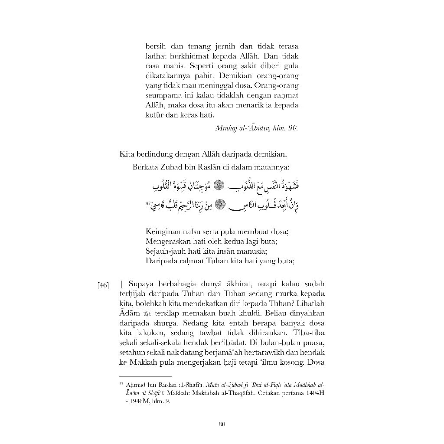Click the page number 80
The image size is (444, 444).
[x=222, y=424]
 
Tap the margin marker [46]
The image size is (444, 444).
[x=103, y=285]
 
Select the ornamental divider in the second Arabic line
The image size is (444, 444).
[x=222, y=204]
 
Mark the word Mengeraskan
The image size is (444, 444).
[x=168, y=242]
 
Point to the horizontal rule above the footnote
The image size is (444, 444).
[x=145, y=376]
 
